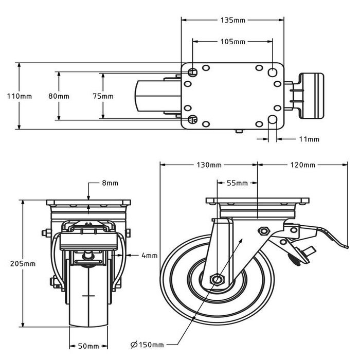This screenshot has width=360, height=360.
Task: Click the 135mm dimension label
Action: pyautogui.click(x=233, y=20)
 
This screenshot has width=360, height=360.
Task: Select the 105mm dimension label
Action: pyautogui.click(x=233, y=42)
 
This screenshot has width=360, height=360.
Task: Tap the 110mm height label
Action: pyautogui.click(x=20, y=96)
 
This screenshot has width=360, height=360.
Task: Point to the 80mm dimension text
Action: pyautogui.click(x=59, y=96)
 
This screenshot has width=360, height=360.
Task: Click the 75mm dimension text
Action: pyautogui.click(x=103, y=96)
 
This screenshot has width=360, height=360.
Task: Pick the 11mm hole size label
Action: pyautogui.click(x=309, y=139)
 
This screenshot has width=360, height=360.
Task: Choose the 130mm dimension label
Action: pyautogui.click(x=209, y=165)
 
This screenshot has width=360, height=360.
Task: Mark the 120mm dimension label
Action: pyautogui.click(x=303, y=165)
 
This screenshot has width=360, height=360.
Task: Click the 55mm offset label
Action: pyautogui.click(x=237, y=183)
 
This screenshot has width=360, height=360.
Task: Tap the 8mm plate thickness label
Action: pyautogui.click(x=110, y=183)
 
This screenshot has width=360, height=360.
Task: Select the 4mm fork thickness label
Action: pyautogui.click(x=150, y=255)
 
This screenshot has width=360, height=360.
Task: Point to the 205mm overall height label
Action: pyautogui.click(x=23, y=263)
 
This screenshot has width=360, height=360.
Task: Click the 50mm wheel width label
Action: pyautogui.click(x=88, y=346)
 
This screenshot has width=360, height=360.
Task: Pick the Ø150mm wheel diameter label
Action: pyautogui.click(x=147, y=345)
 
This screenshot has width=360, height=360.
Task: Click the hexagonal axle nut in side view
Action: pyautogui.click(x=217, y=279)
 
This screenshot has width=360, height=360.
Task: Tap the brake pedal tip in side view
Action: pyautogui.click(x=347, y=247)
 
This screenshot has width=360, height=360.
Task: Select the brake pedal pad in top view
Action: pyautogui.click(x=312, y=96)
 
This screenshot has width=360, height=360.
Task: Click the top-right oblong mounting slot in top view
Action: pyautogui.click(x=273, y=72)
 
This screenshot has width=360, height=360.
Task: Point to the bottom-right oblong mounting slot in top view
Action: pyautogui.click(x=273, y=119)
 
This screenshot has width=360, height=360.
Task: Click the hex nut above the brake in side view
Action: pyautogui.click(x=263, y=231)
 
